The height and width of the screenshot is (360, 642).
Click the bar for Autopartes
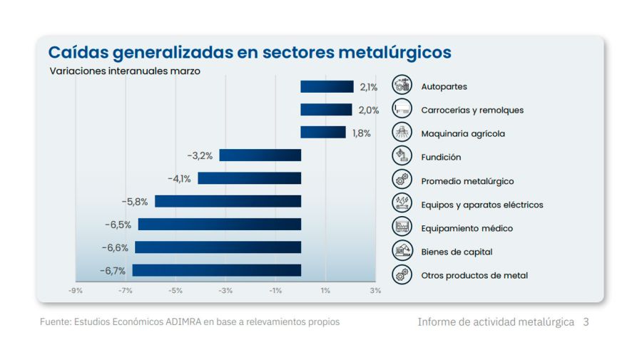pyautogui.click(x=327, y=87)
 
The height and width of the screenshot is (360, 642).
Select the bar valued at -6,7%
pyautogui.click(x=216, y=270)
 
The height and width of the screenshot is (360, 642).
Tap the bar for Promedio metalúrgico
pyautogui.click(x=249, y=178)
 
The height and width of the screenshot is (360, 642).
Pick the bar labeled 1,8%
pyautogui.click(x=322, y=133)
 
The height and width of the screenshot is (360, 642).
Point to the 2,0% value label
pyautogui.click(x=368, y=110)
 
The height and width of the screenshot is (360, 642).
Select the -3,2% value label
pyautogui.click(x=200, y=155)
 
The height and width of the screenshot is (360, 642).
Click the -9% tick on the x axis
pyautogui.click(x=75, y=290)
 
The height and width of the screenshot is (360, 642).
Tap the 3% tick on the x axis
pyautogui.click(x=375, y=290)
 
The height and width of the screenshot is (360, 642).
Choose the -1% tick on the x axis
pyautogui.click(x=275, y=290)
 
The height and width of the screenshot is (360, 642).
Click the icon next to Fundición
pyautogui.click(x=402, y=156)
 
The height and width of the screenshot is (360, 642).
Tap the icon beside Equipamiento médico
pyautogui.click(x=402, y=227)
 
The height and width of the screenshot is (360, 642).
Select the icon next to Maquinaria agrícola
pyautogui.click(x=402, y=133)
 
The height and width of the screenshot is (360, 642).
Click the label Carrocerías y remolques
pyautogui.click(x=472, y=110)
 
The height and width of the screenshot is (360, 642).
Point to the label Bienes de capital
pyautogui.click(x=457, y=252)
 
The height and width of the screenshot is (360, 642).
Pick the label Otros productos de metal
pyautogui.click(x=474, y=275)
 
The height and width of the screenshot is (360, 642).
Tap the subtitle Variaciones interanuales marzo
pyautogui.click(x=125, y=71)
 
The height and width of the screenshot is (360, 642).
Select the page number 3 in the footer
pyautogui.click(x=586, y=322)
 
